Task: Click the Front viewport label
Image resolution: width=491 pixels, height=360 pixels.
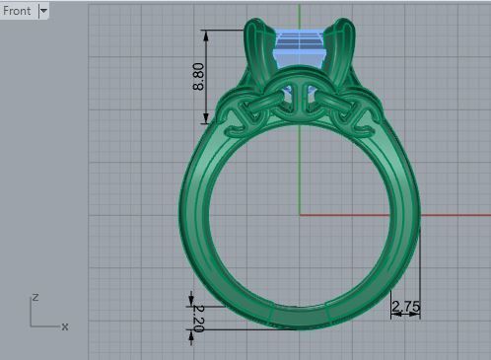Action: click(x=18, y=11)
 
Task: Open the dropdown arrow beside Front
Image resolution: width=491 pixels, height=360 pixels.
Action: click(x=43, y=11)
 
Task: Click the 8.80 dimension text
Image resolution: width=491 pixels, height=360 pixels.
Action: click(x=198, y=77)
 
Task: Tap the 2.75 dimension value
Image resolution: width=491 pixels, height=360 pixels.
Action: click(x=405, y=308)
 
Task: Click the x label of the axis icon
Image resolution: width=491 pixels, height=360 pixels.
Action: click(x=65, y=325)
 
